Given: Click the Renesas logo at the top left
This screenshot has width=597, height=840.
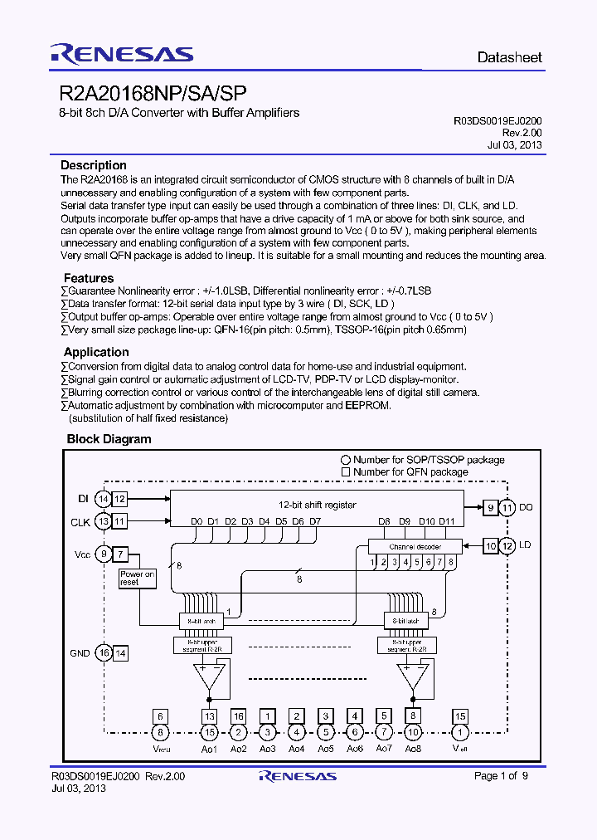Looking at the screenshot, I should pyautogui.click(x=122, y=55).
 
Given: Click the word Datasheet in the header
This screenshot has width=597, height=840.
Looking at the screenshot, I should pyautogui.click(x=509, y=58).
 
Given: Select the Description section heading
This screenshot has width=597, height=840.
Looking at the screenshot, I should pyautogui.click(x=94, y=165).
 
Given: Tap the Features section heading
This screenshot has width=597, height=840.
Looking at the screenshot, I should pyautogui.click(x=89, y=278).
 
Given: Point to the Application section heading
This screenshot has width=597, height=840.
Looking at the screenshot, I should pyautogui.click(x=96, y=352).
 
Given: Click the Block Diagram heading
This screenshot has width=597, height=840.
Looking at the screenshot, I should pyautogui.click(x=109, y=439).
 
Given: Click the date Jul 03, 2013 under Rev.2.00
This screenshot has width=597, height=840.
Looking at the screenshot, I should pyautogui.click(x=514, y=144).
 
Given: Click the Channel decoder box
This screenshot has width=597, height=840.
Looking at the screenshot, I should pyautogui.click(x=415, y=546).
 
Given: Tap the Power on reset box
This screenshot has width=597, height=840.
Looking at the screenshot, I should pyautogui.click(x=137, y=578).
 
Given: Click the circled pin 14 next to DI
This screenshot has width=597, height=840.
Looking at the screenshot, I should pyautogui.click(x=103, y=499).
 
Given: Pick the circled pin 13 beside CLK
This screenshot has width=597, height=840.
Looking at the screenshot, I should pyautogui.click(x=103, y=521).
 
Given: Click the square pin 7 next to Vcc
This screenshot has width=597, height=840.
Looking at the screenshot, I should pyautogui.click(x=121, y=554).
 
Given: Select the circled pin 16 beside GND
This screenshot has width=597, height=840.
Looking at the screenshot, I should pyautogui.click(x=103, y=653).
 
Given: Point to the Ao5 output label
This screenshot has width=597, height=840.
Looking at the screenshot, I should pyautogui.click(x=326, y=749).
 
